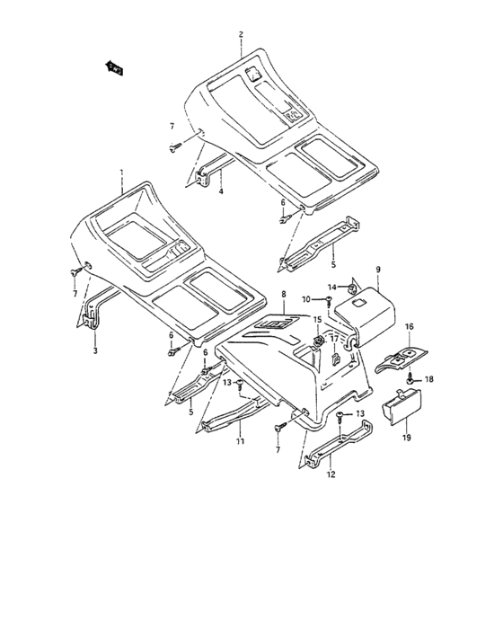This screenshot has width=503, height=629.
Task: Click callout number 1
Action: tap(121, 171)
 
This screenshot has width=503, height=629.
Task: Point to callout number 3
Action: tap(95, 351)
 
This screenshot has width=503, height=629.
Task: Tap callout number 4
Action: tap(221, 190)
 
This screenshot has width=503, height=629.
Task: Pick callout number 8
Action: tap(284, 294)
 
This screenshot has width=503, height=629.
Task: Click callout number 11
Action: tap(240, 442)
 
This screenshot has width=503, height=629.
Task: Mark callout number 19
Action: tap(406, 438)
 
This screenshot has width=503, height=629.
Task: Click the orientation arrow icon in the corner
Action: tap(115, 66)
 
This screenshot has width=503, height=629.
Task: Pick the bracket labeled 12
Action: tap(338, 449)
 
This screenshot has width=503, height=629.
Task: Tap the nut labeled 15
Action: tap(318, 341)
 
